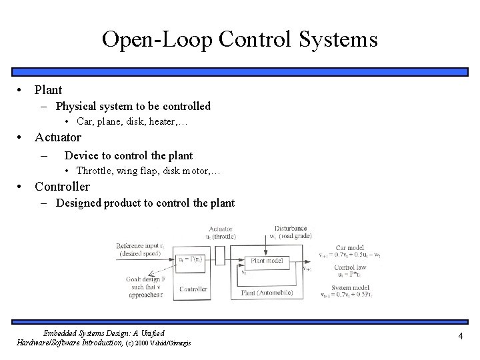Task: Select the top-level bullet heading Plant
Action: tap(48, 89)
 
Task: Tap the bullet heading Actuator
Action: tap(58, 137)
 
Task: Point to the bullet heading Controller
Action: tap(62, 186)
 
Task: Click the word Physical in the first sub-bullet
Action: tap(75, 106)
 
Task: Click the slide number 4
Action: tap(460, 336)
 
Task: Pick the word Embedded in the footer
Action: tap(62, 332)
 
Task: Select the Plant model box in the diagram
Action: tap(267, 260)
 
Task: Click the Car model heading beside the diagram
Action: tap(350, 247)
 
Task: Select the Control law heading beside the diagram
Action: tap(349, 267)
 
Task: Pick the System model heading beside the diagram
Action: tap(353, 288)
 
